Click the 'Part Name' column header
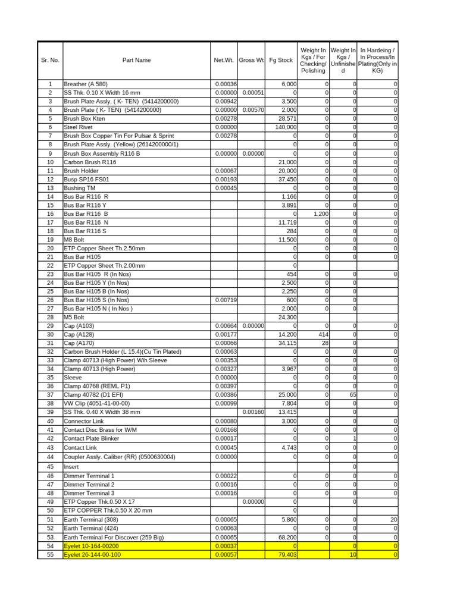coord(136,60)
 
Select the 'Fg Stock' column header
coord(281,60)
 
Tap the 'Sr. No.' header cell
coord(50,60)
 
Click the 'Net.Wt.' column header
coord(224,60)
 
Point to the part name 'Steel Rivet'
coord(79,127)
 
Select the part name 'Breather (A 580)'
coord(85,84)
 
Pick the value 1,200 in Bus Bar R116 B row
coord(317,214)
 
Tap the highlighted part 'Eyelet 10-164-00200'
coord(91,546)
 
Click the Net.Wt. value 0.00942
coord(226,102)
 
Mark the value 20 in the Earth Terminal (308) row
coord(393,520)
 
